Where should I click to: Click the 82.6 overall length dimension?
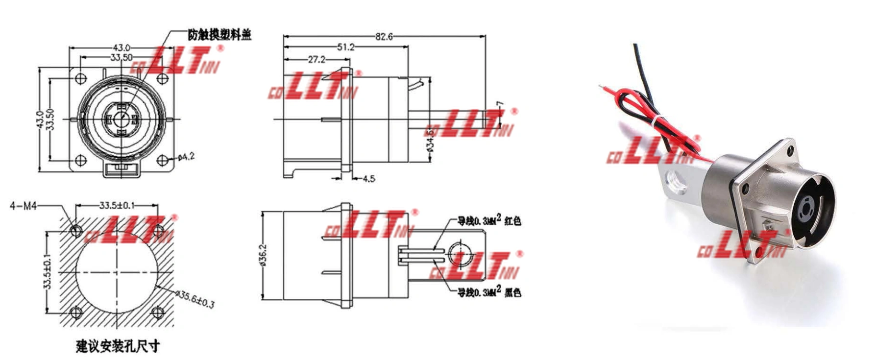384,37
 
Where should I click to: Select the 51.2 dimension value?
345,48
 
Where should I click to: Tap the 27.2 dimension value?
316,60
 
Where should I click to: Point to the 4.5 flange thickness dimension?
368,179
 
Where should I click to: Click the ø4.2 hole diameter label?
186,157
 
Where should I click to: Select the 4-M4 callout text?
23,206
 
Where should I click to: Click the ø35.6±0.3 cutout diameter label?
195,298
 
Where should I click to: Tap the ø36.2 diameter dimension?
263,255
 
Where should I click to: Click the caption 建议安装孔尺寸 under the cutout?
118,346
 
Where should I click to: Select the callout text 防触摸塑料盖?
219,35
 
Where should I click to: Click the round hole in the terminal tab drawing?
460,254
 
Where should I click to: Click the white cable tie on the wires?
654,120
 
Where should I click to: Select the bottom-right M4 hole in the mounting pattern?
157,312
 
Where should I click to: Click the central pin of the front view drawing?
121,118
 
